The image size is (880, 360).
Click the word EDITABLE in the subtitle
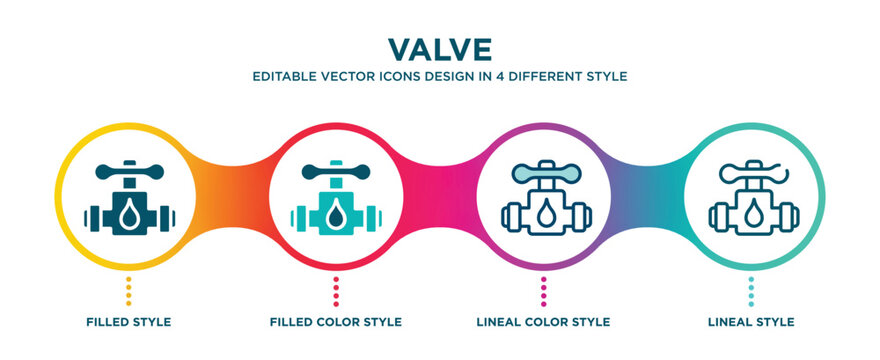click(285, 76)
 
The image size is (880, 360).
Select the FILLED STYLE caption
click(128, 322)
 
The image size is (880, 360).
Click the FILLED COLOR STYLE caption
click(336, 322)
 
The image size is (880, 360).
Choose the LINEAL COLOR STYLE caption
click(544, 322)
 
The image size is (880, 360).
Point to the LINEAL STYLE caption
click(752, 322)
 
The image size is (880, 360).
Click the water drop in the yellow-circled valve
click(128, 215)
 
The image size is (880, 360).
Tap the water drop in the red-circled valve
click(336, 215)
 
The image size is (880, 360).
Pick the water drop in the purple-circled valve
click(544, 215)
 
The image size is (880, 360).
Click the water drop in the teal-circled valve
click(752, 215)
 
